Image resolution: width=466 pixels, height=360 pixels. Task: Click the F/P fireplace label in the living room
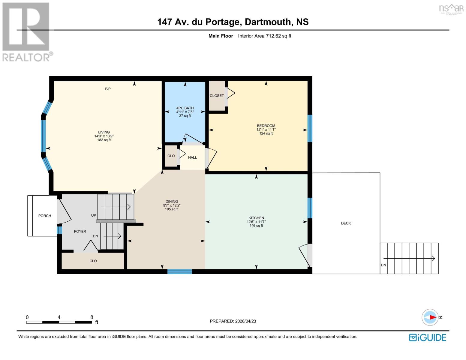pyautogui.click(x=108, y=89)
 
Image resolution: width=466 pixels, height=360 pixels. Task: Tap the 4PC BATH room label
pyautogui.click(x=185, y=108)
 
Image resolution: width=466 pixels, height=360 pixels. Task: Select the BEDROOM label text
pyautogui.click(x=266, y=126)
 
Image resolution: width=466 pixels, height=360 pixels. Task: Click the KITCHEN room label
pyautogui.click(x=256, y=218)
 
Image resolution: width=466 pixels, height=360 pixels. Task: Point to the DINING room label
pyautogui.click(x=172, y=202)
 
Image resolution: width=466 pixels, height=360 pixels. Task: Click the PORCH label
pyautogui.click(x=45, y=216)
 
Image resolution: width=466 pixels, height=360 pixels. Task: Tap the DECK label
pyautogui.click(x=346, y=223)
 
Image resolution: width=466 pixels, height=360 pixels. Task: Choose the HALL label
pyautogui.click(x=192, y=157)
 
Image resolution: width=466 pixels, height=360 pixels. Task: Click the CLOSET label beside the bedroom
pyautogui.click(x=217, y=96)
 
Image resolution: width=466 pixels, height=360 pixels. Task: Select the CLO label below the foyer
pyautogui.click(x=93, y=261)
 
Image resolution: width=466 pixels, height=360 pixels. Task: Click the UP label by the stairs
pyautogui.click(x=94, y=215)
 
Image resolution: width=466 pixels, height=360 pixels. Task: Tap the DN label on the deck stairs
pyautogui.click(x=383, y=265)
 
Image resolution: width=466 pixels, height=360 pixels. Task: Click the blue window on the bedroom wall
pyautogui.click(x=310, y=128)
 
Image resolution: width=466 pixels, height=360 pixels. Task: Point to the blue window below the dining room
pyautogui.click(x=179, y=271)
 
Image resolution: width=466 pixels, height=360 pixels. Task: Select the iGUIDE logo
pyautogui.click(x=428, y=337)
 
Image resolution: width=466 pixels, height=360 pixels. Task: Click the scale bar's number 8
pyautogui.click(x=92, y=317)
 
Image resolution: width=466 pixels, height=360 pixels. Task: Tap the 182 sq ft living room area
pyautogui.click(x=104, y=140)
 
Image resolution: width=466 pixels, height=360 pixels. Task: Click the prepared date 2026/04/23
pyautogui.click(x=245, y=321)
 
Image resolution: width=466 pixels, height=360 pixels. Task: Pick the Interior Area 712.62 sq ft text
pyautogui.click(x=264, y=36)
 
